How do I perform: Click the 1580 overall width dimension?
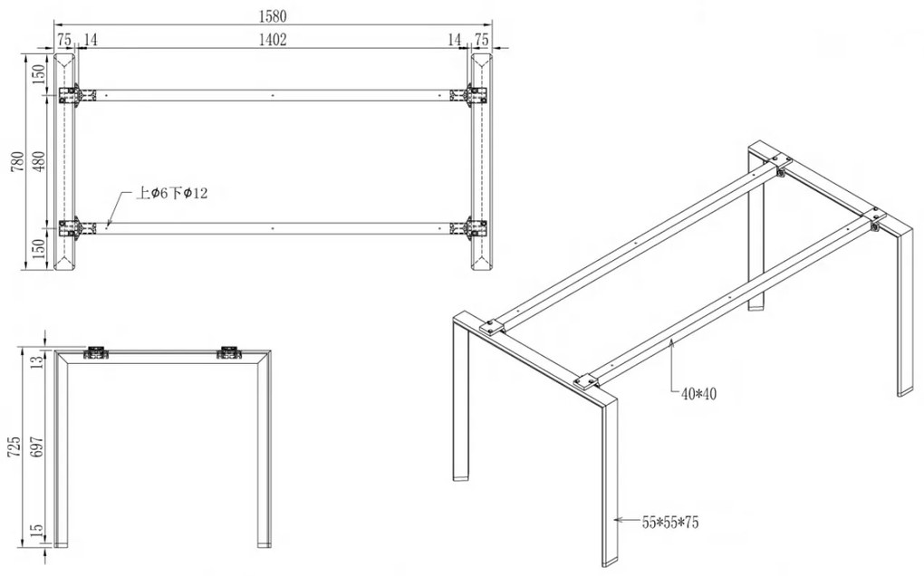point(273,16)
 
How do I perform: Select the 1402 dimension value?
point(273,40)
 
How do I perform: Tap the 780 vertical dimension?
point(17,161)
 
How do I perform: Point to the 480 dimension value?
point(39,161)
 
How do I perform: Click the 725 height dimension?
point(14,447)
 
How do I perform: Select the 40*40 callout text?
point(699,394)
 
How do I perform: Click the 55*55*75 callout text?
point(670,523)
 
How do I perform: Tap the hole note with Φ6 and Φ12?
point(171,193)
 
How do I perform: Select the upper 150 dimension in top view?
point(39,72)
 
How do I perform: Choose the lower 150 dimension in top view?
point(39,249)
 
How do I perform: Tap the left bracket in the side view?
point(96,352)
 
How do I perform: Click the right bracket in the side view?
point(229,352)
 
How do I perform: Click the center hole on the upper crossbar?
point(273,95)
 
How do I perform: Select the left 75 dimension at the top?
point(64,40)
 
